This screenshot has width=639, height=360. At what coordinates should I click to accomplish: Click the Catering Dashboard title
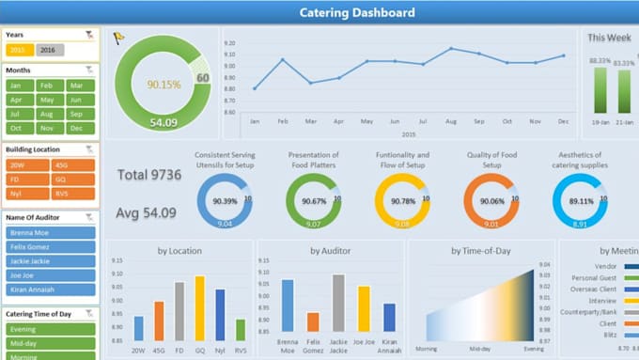[x=356, y=12]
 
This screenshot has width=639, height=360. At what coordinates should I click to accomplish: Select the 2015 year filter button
[x=20, y=50]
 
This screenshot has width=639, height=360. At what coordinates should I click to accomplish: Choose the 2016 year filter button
[x=50, y=50]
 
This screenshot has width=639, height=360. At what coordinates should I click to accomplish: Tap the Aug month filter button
[x=50, y=114]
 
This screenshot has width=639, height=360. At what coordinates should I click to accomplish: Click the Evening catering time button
[x=51, y=330]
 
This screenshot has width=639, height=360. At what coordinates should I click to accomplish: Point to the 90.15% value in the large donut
[x=164, y=85]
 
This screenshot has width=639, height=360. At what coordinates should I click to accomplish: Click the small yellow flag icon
[x=118, y=39]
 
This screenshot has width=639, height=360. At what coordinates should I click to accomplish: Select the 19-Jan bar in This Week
[x=600, y=90]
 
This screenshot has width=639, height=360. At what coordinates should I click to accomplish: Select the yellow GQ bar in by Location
[x=199, y=307]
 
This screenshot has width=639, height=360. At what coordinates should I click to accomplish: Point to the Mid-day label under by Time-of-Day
[x=480, y=347]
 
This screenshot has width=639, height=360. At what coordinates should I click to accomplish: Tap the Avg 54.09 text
[x=146, y=212]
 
